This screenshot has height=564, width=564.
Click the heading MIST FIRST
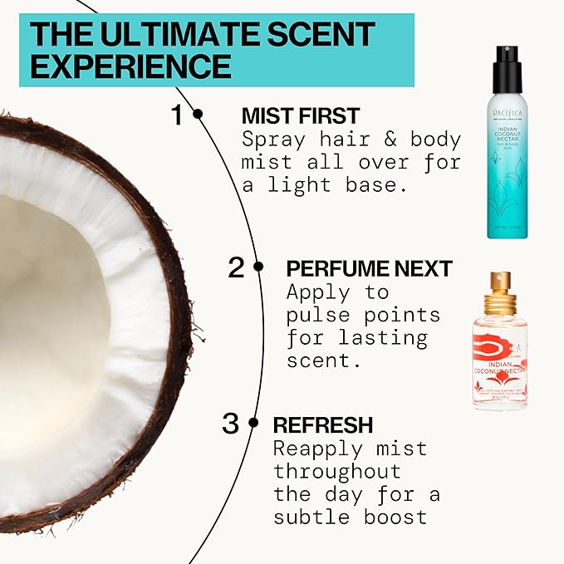coord(301,115)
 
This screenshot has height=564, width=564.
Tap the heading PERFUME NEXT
coord(369,268)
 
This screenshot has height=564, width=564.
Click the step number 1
coord(177,115)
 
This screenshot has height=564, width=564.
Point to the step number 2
coord(237,267)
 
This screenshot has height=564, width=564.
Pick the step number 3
coord(230,424)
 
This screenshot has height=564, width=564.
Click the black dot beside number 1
coord(198,114)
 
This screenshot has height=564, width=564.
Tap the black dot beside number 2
coord(258,267)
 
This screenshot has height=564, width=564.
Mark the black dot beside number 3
coord(253,423)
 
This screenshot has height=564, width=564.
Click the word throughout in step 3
coord(337,471)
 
